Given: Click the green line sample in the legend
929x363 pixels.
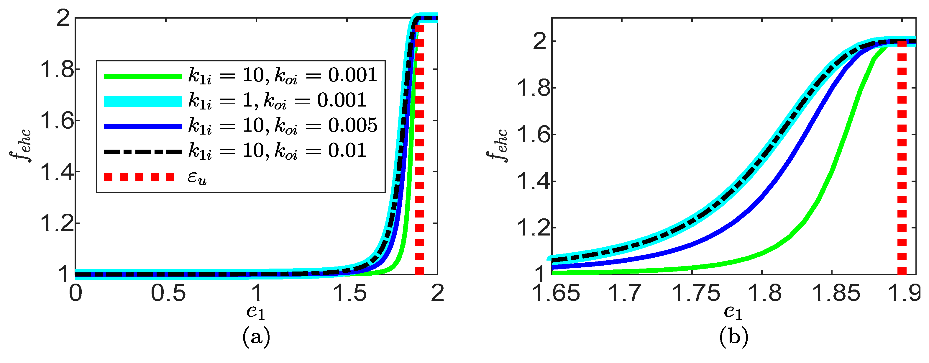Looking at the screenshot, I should coord(143,76).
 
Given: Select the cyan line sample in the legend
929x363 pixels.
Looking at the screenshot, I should coord(143,102).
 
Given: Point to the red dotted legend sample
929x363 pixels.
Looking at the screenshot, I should coord(139,177).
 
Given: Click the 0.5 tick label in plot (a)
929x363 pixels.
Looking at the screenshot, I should coord(168,293).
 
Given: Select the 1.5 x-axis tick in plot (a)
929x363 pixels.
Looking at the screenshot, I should coord(349,293).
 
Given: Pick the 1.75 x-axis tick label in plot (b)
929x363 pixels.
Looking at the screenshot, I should coord(696,293).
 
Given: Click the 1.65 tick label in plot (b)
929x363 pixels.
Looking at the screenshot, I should coord(556,293).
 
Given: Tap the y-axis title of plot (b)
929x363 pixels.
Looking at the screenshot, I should coord(497,146).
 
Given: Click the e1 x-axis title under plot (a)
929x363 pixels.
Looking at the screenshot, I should coord(256,313).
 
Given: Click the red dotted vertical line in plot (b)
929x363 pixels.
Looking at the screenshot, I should coord(902,162).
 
